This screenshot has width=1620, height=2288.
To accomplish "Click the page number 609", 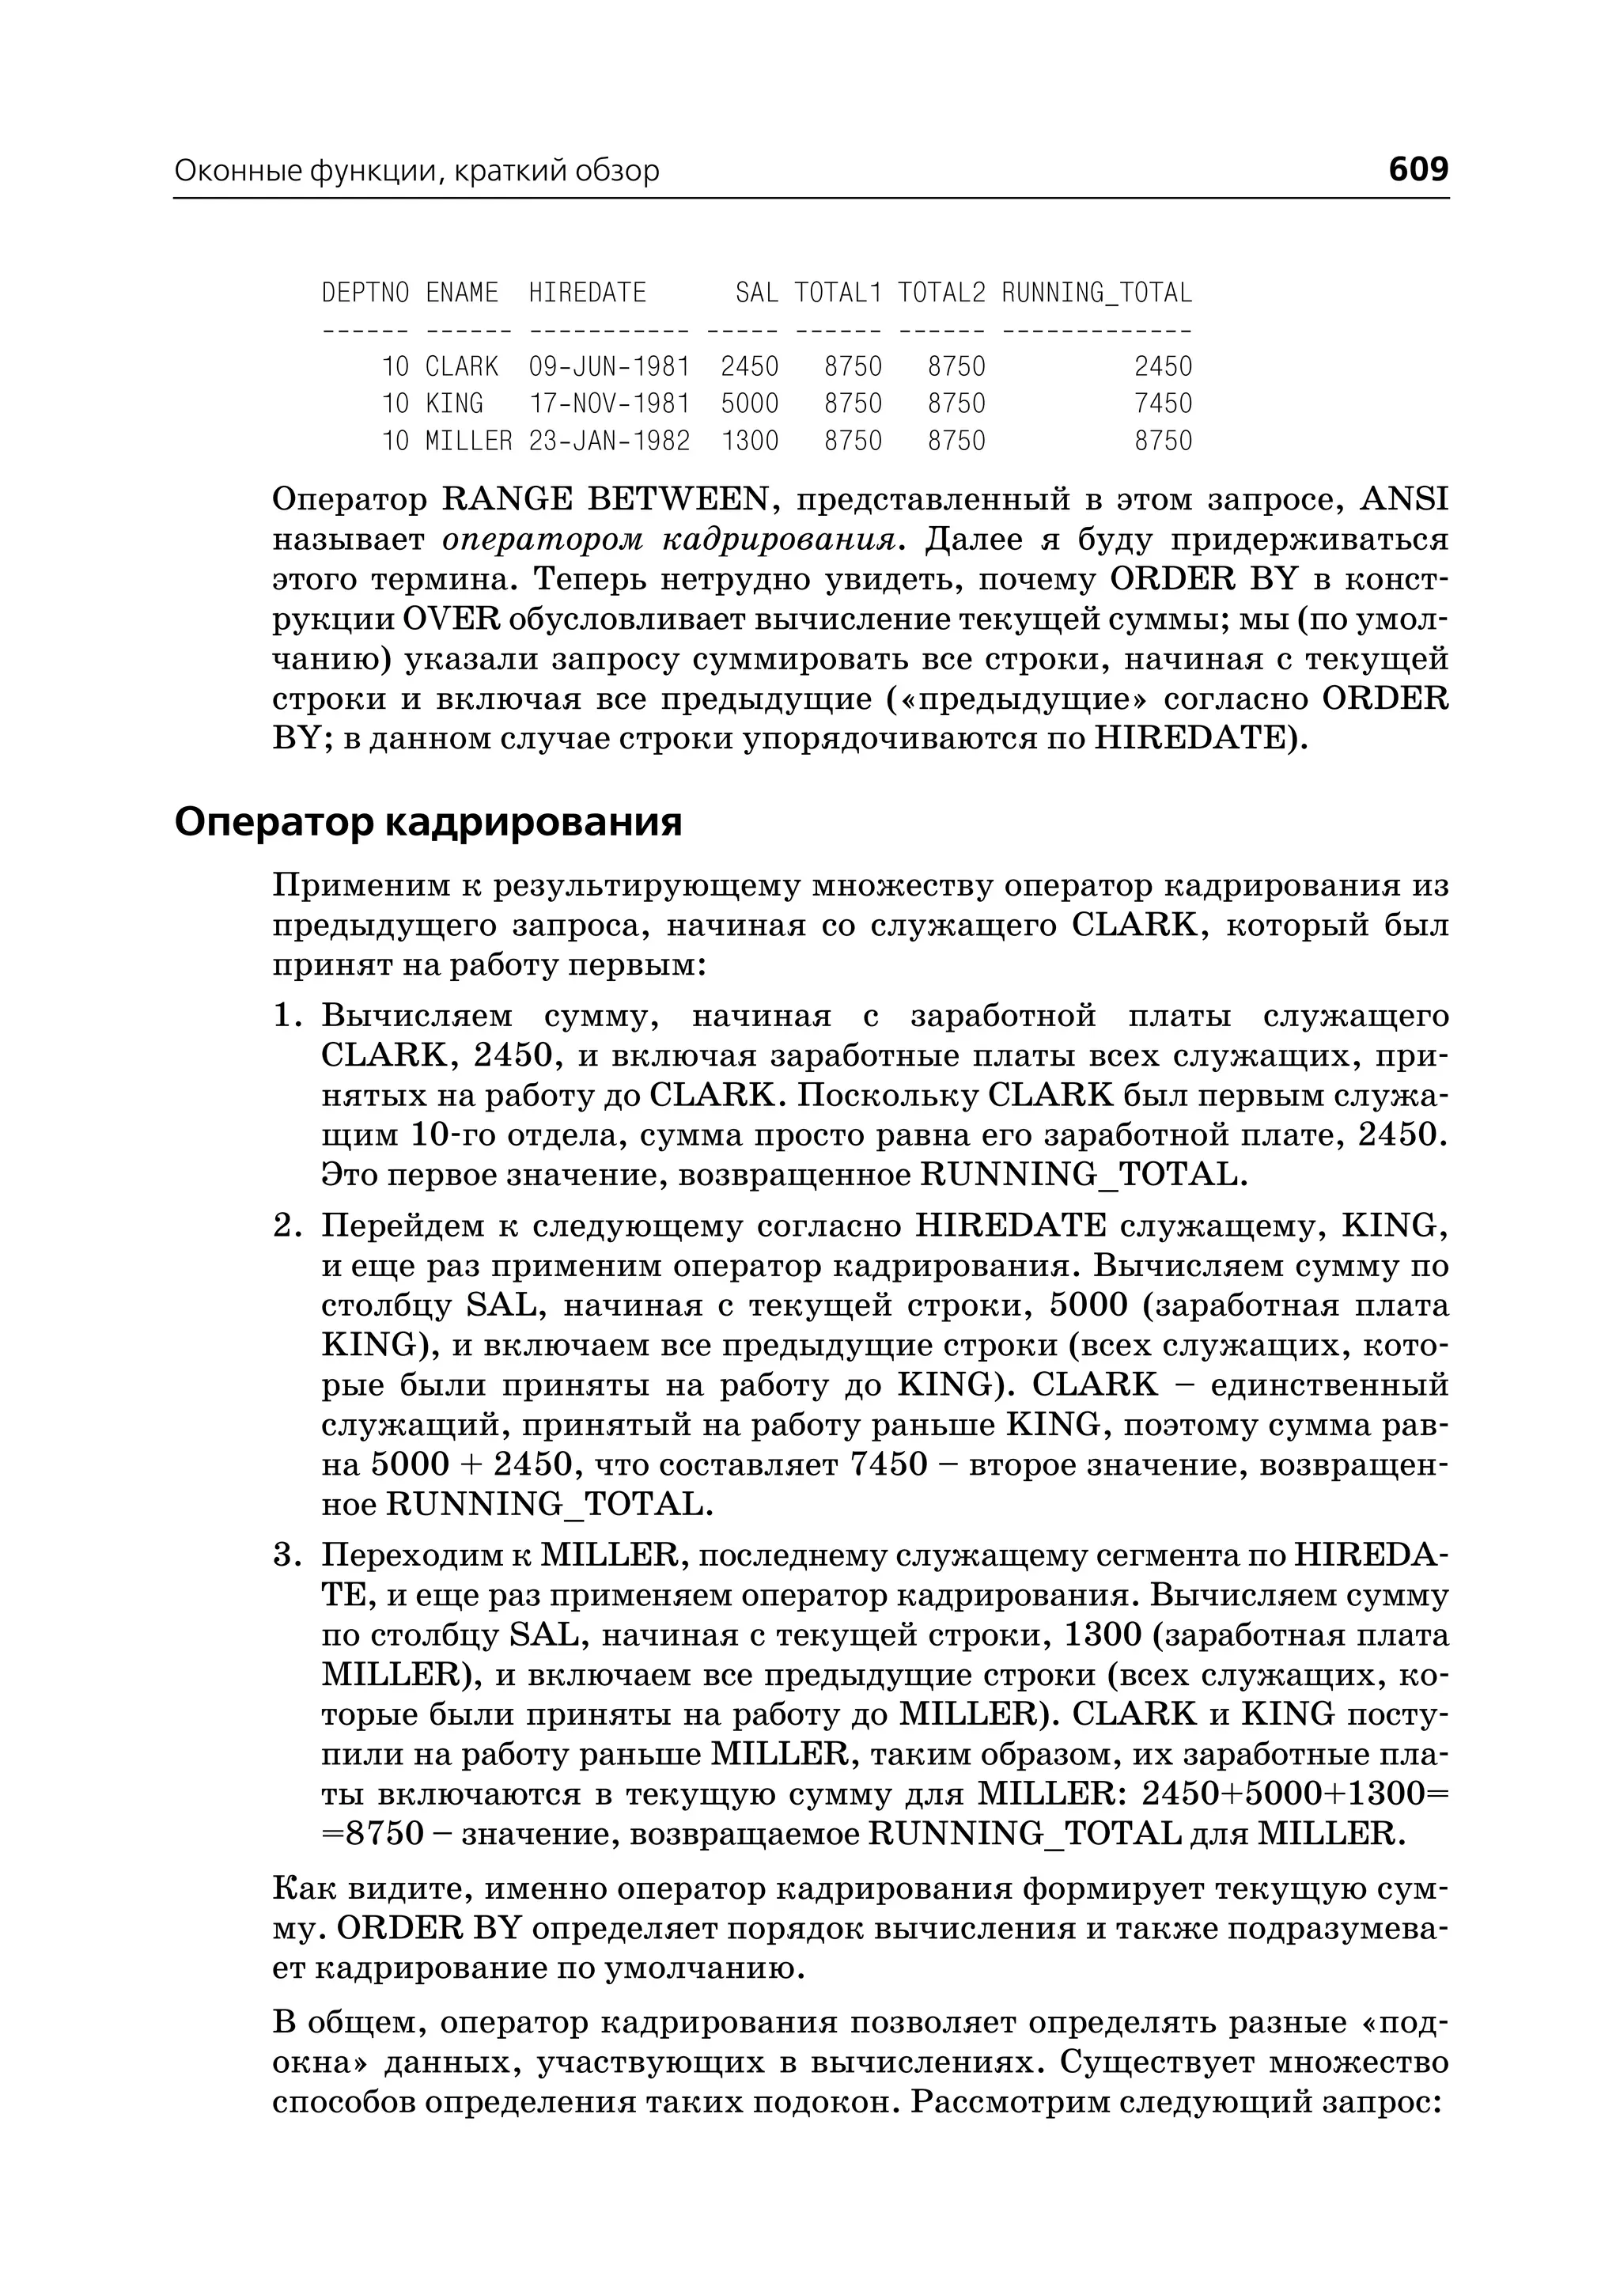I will [1417, 169].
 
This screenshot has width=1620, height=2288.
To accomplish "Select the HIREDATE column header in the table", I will [588, 293].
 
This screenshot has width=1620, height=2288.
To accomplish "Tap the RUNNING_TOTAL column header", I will [1096, 293].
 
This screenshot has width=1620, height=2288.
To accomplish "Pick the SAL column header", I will [756, 293].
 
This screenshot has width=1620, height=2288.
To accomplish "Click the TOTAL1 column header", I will [838, 293].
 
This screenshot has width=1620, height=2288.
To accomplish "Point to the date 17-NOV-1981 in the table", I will [608, 403].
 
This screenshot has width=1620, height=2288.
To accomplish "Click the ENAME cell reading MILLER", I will [469, 440].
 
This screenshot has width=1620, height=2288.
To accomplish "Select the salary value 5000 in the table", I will [749, 403].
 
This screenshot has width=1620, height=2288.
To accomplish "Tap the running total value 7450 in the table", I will [1163, 403].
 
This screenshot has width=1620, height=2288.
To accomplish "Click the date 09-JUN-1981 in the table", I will [608, 366].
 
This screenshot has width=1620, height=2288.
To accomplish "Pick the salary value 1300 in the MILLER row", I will [749, 440].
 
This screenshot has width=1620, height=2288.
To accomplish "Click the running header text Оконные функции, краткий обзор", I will [417, 172].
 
